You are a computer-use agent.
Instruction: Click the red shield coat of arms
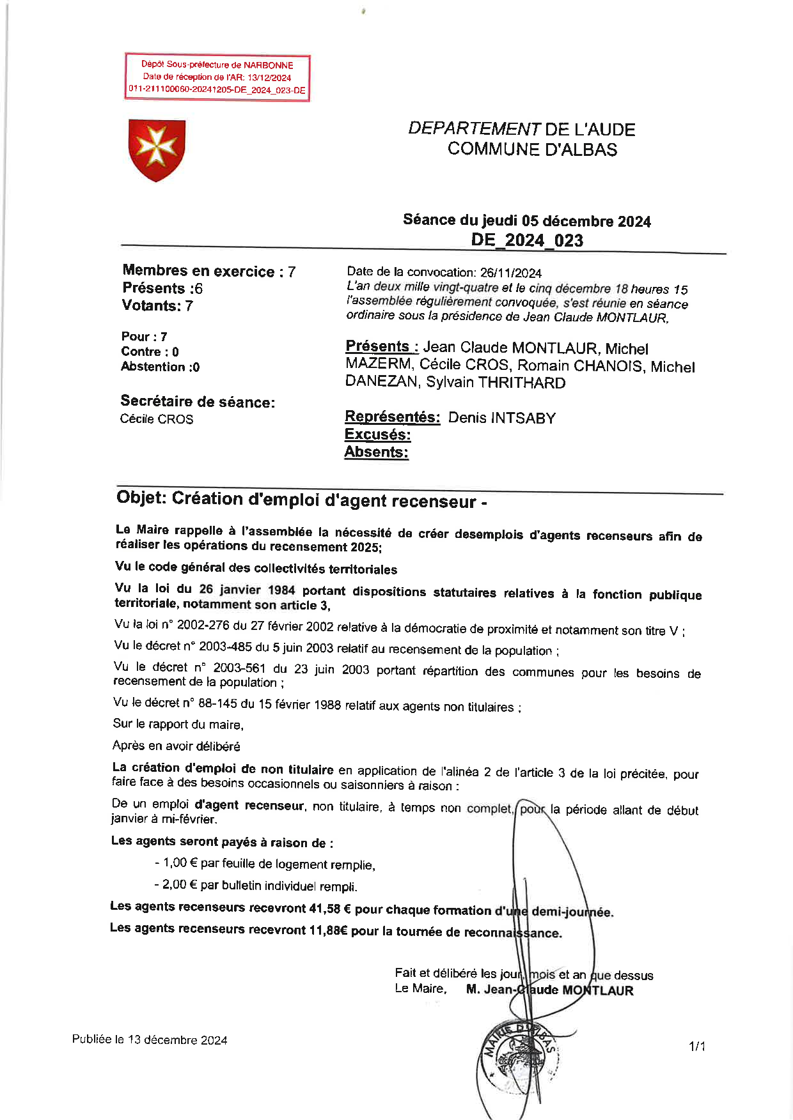point(157,150)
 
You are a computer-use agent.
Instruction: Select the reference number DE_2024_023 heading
point(527,240)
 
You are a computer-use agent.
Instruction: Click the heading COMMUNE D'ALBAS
point(532,150)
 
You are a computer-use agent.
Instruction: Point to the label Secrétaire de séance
point(198,402)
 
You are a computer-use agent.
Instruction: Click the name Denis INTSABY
point(501,418)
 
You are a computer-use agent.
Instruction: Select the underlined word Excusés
point(377,434)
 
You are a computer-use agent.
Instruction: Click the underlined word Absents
point(376,452)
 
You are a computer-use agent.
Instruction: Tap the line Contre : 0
point(150,351)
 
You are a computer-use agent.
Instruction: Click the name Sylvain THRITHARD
point(496,383)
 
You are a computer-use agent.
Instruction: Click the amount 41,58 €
point(330,909)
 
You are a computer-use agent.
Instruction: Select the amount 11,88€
point(328,930)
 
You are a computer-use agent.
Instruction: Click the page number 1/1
point(696,1047)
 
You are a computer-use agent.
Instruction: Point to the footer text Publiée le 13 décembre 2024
point(150,1039)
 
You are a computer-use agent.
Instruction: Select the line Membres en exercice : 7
point(209,271)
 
